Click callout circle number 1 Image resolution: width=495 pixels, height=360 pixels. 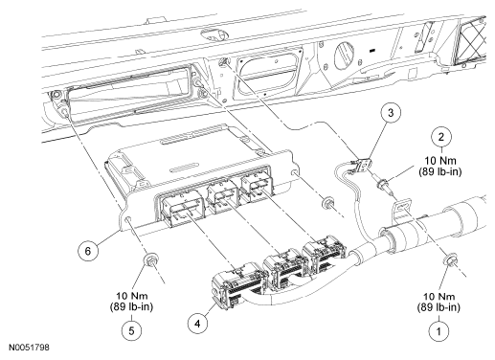pyautogui.click(x=439, y=331)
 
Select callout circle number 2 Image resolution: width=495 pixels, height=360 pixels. pyautogui.click(x=441, y=137)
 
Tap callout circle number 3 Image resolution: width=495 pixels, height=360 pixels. pyautogui.click(x=391, y=113)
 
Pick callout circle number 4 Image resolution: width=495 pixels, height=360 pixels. pyautogui.click(x=197, y=324)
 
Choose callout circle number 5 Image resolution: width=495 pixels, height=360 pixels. pyautogui.click(x=131, y=330)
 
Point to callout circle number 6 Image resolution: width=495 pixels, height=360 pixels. pyautogui.click(x=88, y=251)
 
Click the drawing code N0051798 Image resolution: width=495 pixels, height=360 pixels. pyautogui.click(x=29, y=347)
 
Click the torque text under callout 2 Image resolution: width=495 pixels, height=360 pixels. pyautogui.click(x=440, y=166)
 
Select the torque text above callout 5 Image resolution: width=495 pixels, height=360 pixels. pyautogui.click(x=131, y=302)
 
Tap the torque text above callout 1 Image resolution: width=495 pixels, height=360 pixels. pyautogui.click(x=439, y=302)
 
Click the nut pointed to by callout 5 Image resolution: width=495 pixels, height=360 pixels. pyautogui.click(x=150, y=259)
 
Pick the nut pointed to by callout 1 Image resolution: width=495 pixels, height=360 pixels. pyautogui.click(x=450, y=259)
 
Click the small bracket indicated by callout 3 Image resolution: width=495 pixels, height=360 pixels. pyautogui.click(x=363, y=165)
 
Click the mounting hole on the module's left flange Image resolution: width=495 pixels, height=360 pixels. pyautogui.click(x=128, y=220)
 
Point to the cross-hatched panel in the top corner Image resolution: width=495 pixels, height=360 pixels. pyautogui.click(x=472, y=40)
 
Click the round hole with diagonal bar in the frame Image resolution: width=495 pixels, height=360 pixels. pyautogui.click(x=344, y=56)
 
